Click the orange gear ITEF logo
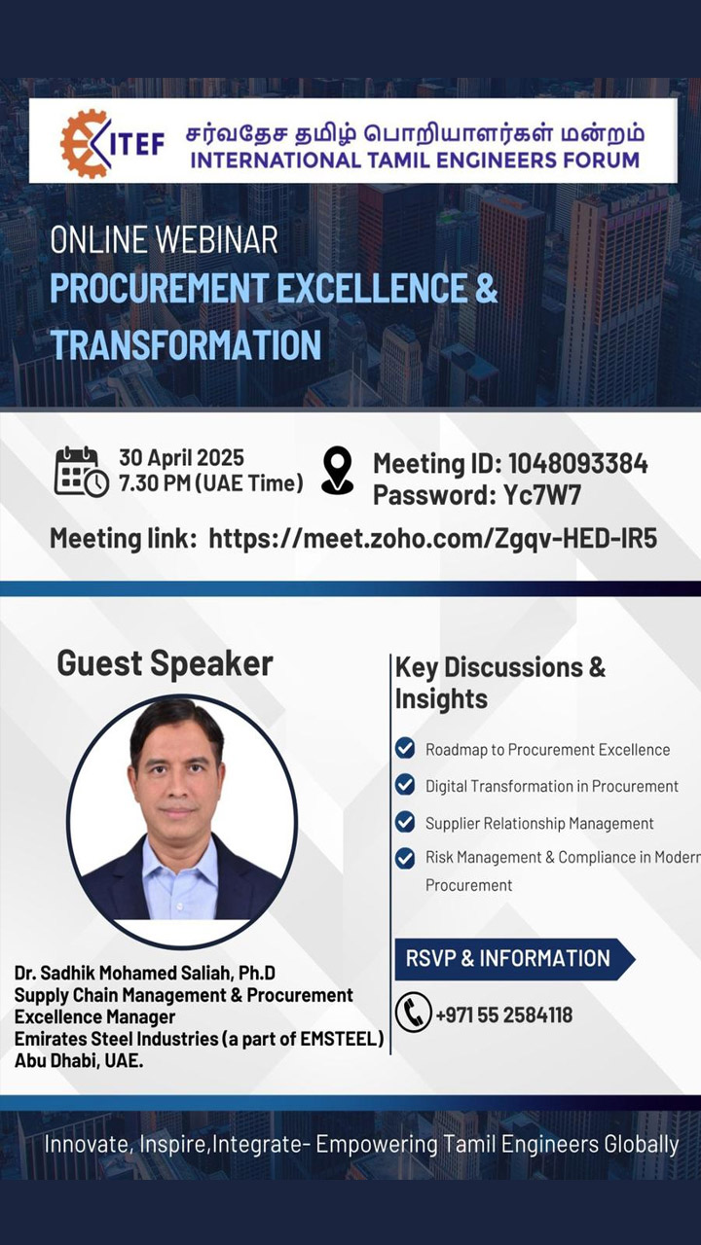pyautogui.click(x=85, y=143)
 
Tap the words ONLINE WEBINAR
pyautogui.click(x=164, y=239)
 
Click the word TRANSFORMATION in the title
pyautogui.click(x=186, y=344)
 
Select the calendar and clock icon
pyautogui.click(x=81, y=471)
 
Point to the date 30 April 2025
pyautogui.click(x=181, y=457)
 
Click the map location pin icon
pyautogui.click(x=337, y=470)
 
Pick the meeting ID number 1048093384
pyautogui.click(x=578, y=464)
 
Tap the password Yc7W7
pyautogui.click(x=542, y=495)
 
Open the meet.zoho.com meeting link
pyautogui.click(x=433, y=538)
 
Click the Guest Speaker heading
pyautogui.click(x=165, y=663)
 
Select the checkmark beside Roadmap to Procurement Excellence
pyautogui.click(x=404, y=748)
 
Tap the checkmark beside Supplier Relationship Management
pyautogui.click(x=404, y=822)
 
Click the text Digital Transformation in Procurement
pyautogui.click(x=551, y=786)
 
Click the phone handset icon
pyautogui.click(x=413, y=1013)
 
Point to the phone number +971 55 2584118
pyautogui.click(x=504, y=1014)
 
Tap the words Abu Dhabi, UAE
pyautogui.click(x=79, y=1060)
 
